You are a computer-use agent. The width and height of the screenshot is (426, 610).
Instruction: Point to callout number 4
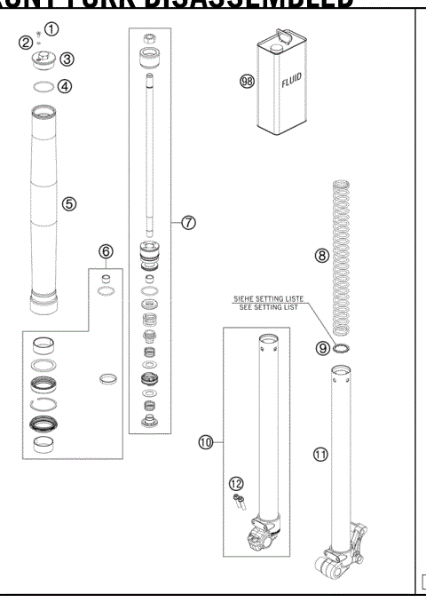point(64,87)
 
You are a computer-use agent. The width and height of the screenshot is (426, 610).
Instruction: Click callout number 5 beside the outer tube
point(68,203)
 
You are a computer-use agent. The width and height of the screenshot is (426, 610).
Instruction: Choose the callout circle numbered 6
point(106,252)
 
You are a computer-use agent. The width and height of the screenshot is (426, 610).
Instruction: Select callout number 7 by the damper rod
point(189,223)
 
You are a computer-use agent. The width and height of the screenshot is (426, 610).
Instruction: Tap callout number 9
point(323,349)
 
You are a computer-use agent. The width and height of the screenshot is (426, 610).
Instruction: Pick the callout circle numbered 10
point(207,441)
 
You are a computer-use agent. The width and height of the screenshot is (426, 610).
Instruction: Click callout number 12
point(236,483)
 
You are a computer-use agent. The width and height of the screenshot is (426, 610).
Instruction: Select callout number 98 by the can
point(247,81)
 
